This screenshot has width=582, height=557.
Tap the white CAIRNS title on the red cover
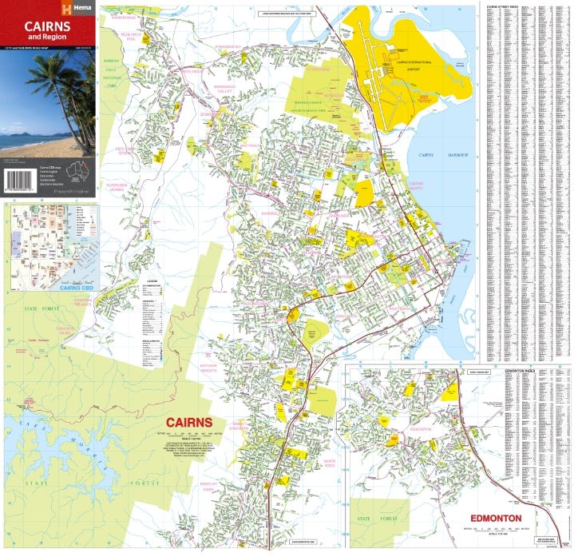(47, 26)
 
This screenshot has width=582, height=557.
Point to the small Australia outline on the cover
(77, 170)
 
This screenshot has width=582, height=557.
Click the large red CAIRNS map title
(188, 422)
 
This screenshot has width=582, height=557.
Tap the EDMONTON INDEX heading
(519, 371)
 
